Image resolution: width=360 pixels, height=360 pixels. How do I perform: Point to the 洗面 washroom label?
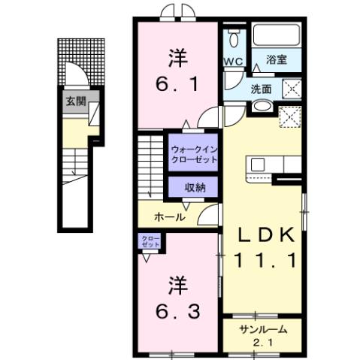pyautogui.click(x=262, y=89)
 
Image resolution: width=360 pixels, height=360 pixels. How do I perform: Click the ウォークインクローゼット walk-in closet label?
pyautogui.click(x=194, y=154)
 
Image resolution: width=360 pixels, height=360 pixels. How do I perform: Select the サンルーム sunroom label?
pyautogui.click(x=259, y=330)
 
